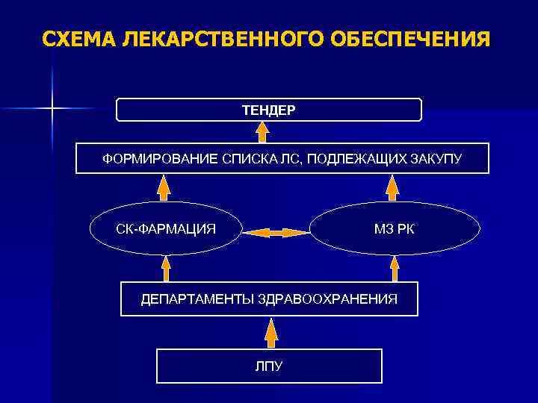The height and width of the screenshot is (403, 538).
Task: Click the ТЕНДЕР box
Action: [x=269, y=110]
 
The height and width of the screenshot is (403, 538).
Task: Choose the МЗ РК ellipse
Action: [x=394, y=228]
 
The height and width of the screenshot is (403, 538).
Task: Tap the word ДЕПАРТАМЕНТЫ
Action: [x=197, y=299]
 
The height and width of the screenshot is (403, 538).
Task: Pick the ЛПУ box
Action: [x=269, y=366]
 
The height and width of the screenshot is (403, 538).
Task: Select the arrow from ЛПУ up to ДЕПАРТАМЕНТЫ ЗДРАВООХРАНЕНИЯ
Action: [x=270, y=333]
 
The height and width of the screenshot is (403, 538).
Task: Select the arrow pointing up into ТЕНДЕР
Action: [x=262, y=131]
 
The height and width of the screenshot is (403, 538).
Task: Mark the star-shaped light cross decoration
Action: [x=52, y=109]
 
